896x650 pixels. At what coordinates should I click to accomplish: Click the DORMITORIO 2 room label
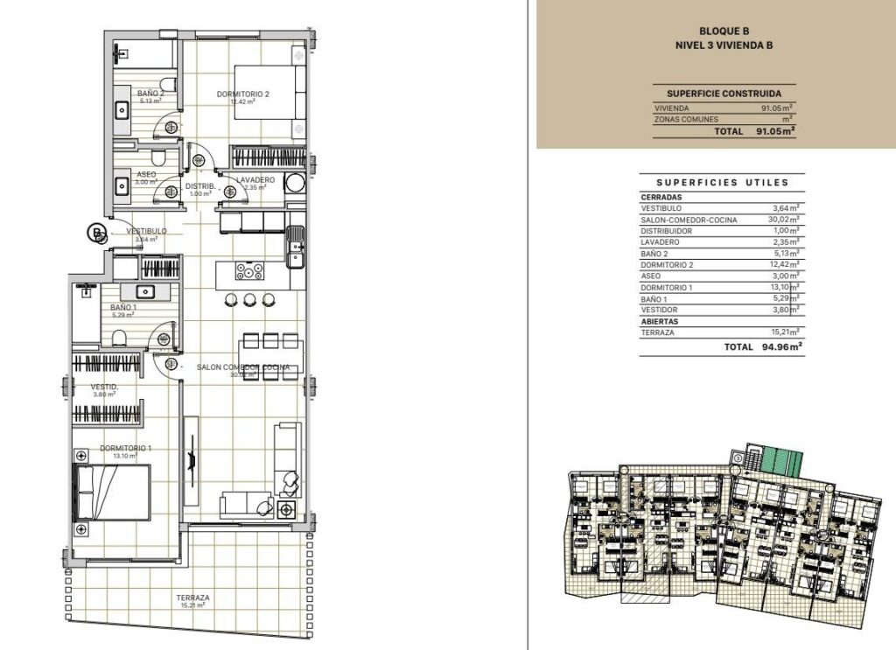(242, 94)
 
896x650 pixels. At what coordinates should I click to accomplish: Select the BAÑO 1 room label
(122, 308)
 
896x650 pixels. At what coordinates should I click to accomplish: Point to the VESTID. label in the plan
(104, 387)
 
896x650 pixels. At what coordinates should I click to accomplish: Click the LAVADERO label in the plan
(255, 180)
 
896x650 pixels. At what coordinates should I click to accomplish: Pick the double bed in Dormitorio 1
(112, 491)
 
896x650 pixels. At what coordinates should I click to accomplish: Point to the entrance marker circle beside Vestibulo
(94, 233)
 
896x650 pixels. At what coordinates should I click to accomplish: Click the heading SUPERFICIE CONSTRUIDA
(724, 94)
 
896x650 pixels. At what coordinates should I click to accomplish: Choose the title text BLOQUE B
(724, 30)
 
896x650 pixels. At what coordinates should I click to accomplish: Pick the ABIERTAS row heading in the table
(661, 321)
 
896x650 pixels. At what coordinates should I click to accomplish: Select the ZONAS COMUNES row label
(686, 119)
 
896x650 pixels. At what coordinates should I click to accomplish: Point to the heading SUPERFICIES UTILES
(722, 183)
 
